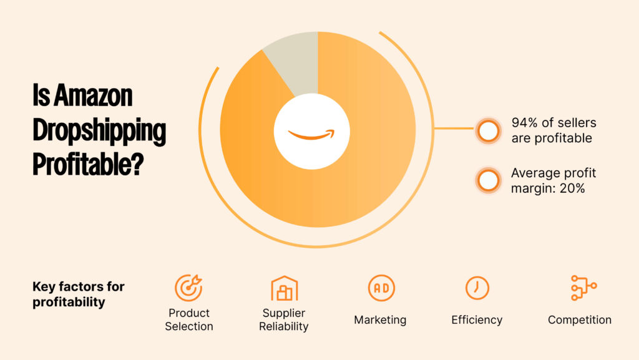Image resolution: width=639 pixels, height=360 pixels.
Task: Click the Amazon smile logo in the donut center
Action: point(311,133)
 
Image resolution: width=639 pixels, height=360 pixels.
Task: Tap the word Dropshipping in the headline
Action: point(99,131)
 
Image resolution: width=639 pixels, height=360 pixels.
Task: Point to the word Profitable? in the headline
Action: point(87,165)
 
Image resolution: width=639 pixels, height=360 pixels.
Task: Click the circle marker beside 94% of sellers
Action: point(488,131)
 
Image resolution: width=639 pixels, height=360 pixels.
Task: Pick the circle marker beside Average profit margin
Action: point(488,180)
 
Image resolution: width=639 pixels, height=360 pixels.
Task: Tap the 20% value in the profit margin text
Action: point(572,188)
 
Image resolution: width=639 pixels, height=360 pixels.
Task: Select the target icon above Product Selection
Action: point(188,288)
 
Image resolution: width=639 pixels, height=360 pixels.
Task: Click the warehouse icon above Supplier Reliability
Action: point(284,288)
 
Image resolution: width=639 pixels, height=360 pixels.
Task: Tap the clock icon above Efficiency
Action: point(477,288)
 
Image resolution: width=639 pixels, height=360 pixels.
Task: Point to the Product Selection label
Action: point(188,319)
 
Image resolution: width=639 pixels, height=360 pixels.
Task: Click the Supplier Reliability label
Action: point(284,319)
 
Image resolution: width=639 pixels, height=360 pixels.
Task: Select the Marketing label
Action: point(380,320)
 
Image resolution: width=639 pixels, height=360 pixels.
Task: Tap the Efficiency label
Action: point(477,320)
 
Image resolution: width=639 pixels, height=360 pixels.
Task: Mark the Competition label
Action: point(580,320)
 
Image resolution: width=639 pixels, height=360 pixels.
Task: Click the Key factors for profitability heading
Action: point(78,294)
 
